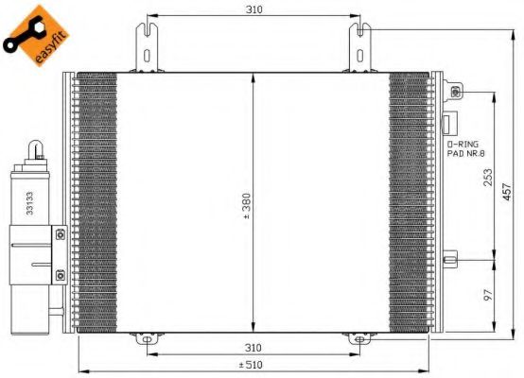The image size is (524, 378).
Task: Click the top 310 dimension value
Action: pos(253,9)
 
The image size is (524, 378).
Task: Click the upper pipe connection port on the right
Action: pos(457,92)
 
